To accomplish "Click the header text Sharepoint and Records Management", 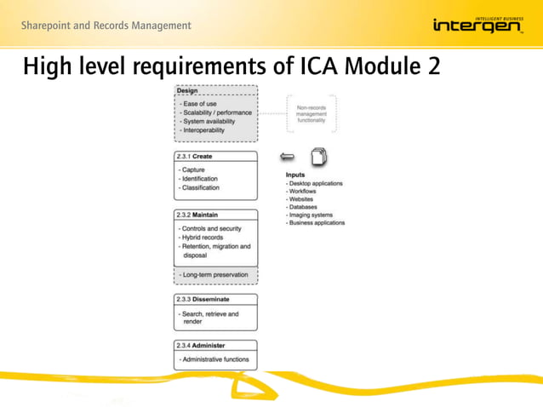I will [x=106, y=26].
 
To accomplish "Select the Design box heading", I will [x=187, y=91].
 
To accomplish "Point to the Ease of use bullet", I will [x=198, y=104].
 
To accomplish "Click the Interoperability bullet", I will [x=203, y=130].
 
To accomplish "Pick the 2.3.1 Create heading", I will [x=194, y=157].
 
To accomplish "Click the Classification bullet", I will [x=201, y=187].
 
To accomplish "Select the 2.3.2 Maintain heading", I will [x=198, y=215].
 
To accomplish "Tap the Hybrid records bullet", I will [x=202, y=238].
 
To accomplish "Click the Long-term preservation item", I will [x=214, y=275].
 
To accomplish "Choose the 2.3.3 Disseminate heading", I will [x=203, y=300].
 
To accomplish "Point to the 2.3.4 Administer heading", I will [x=202, y=346].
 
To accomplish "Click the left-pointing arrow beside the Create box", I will [x=288, y=157].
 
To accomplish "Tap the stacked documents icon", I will [x=319, y=157].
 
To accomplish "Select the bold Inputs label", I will [x=295, y=175].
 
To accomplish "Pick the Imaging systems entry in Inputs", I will [x=312, y=215].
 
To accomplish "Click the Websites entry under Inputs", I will [x=302, y=199].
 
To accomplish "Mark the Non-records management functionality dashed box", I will [x=312, y=113].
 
